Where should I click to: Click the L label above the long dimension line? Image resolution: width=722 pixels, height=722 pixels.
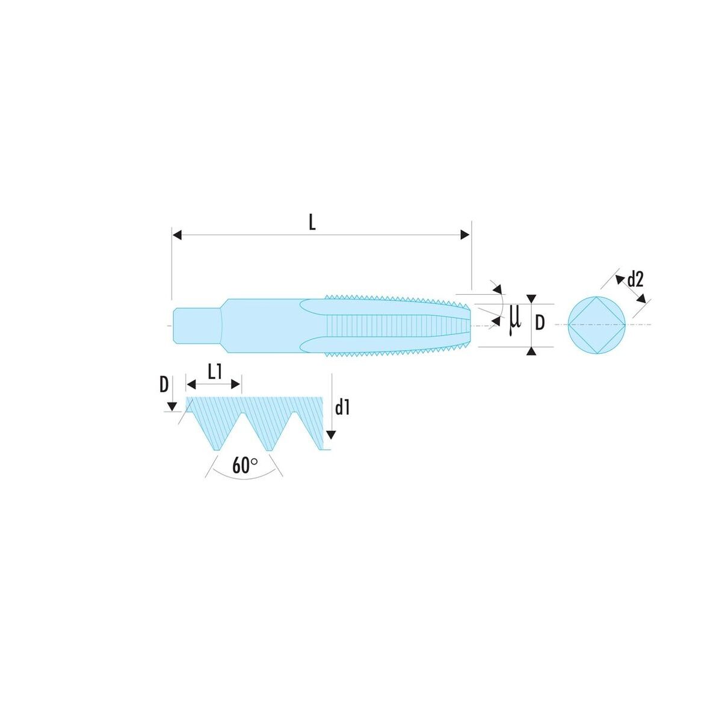[x=312, y=223]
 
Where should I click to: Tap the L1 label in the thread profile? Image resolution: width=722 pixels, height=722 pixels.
[x=215, y=372]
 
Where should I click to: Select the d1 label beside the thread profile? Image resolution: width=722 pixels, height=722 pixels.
[x=342, y=408]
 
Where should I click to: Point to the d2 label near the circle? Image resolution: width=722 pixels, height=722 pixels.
[x=635, y=280]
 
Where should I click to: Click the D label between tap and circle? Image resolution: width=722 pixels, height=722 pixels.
[x=539, y=322]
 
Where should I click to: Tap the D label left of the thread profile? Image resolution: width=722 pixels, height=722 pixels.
[x=164, y=384]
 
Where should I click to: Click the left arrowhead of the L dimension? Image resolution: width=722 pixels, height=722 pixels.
[x=177, y=235]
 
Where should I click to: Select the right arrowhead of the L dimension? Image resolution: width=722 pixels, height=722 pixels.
[x=464, y=235]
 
